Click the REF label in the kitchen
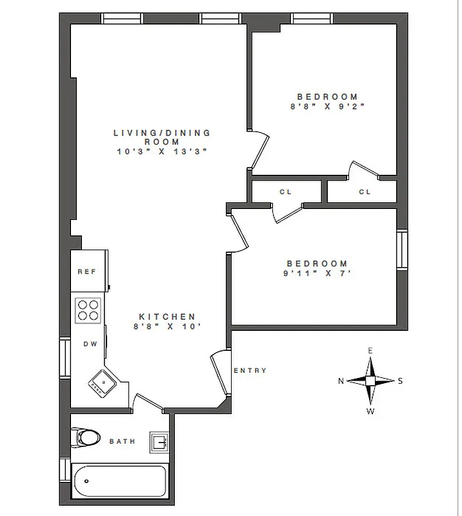[x=86, y=272]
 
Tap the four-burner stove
[x=88, y=310]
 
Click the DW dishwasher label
[x=90, y=344]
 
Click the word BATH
[x=122, y=442]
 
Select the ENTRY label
[x=249, y=370]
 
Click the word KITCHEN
[x=167, y=317]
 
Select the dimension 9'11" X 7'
[x=317, y=273]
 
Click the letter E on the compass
[x=370, y=351]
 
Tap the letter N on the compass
[x=341, y=381]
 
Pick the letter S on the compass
[x=400, y=381]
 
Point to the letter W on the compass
[x=370, y=411]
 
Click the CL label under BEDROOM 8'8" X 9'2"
[x=365, y=192]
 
